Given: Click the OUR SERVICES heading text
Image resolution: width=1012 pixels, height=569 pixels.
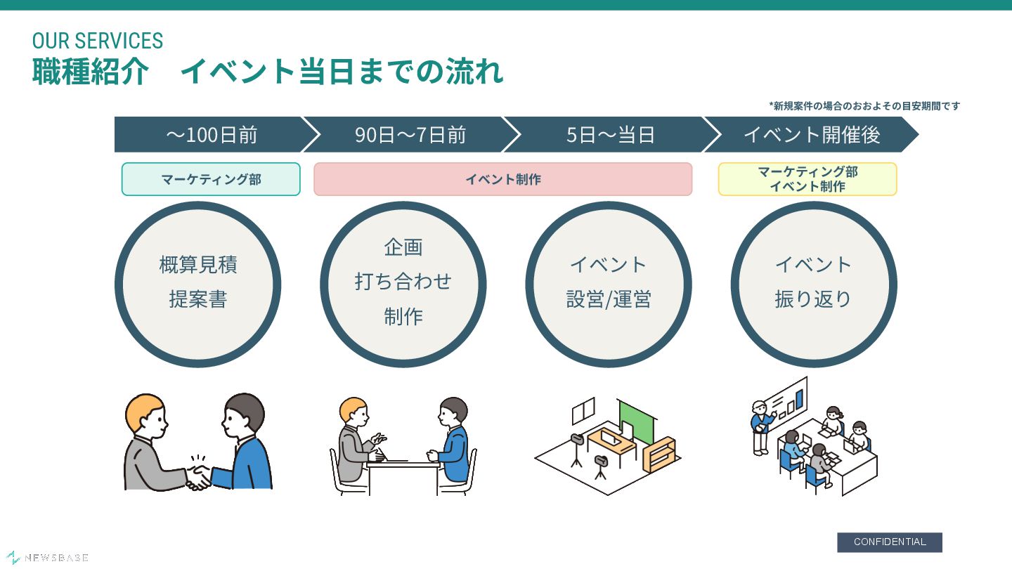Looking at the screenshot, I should coord(98,41).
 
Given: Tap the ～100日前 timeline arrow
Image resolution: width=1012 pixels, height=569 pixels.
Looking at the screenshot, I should coord(211,135).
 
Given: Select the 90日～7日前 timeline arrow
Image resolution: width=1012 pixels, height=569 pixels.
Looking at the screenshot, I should coord(410,135).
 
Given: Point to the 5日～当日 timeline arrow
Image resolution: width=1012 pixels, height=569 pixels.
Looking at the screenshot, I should coord(610,135).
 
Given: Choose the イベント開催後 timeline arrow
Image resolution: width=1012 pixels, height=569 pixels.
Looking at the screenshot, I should coord(811,135).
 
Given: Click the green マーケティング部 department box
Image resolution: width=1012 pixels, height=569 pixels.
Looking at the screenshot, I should coord(211,179).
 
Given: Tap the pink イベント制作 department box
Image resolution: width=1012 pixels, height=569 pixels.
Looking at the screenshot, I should coord(502,179).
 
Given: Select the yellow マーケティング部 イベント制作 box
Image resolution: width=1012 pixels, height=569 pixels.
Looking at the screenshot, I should coord(807,179).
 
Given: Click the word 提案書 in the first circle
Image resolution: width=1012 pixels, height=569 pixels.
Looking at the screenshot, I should coord(197,299).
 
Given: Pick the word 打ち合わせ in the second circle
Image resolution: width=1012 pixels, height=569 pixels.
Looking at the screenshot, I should coord(403,282).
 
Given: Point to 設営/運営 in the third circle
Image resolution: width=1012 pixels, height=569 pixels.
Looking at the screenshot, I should coord(609,299).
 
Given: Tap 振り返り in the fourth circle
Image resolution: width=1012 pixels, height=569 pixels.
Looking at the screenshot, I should coord(813,299).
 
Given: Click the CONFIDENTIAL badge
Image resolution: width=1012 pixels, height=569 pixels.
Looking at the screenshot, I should coord(889,542).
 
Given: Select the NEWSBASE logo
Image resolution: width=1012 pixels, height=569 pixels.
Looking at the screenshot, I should coord(48,558).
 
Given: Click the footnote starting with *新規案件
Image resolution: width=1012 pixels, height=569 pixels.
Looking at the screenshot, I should coord(864,106).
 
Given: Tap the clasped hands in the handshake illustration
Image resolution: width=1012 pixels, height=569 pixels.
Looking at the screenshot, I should coord(198,476).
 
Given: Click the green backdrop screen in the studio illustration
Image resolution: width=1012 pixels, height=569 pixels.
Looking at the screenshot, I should coord(636,420).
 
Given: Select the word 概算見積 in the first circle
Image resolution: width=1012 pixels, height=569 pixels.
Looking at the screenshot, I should coord(197,265).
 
